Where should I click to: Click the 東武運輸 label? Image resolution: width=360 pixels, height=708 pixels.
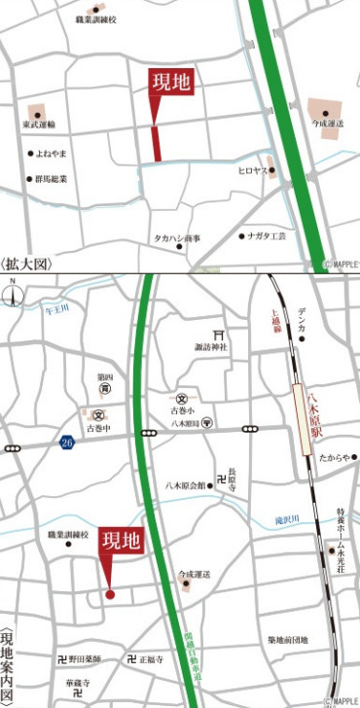[39, 124]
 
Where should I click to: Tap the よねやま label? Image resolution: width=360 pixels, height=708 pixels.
[48, 154]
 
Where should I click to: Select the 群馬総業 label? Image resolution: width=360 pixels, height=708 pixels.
[51, 179]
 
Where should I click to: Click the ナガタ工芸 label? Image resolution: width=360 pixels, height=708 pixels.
[268, 236]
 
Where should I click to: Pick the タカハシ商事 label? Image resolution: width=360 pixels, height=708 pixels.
[176, 237]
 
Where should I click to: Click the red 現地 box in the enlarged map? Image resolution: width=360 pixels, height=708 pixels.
[170, 84]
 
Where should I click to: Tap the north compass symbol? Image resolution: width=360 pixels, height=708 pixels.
[13, 293]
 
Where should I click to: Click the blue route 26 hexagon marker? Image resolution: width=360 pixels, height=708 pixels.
[65, 443]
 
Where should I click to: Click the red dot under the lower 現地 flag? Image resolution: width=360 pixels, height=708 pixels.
[110, 593]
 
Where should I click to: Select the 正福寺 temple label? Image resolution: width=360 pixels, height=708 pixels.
[150, 659]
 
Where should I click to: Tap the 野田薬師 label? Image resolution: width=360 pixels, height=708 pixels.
[85, 658]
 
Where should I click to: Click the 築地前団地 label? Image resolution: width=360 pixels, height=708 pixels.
[287, 640]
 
